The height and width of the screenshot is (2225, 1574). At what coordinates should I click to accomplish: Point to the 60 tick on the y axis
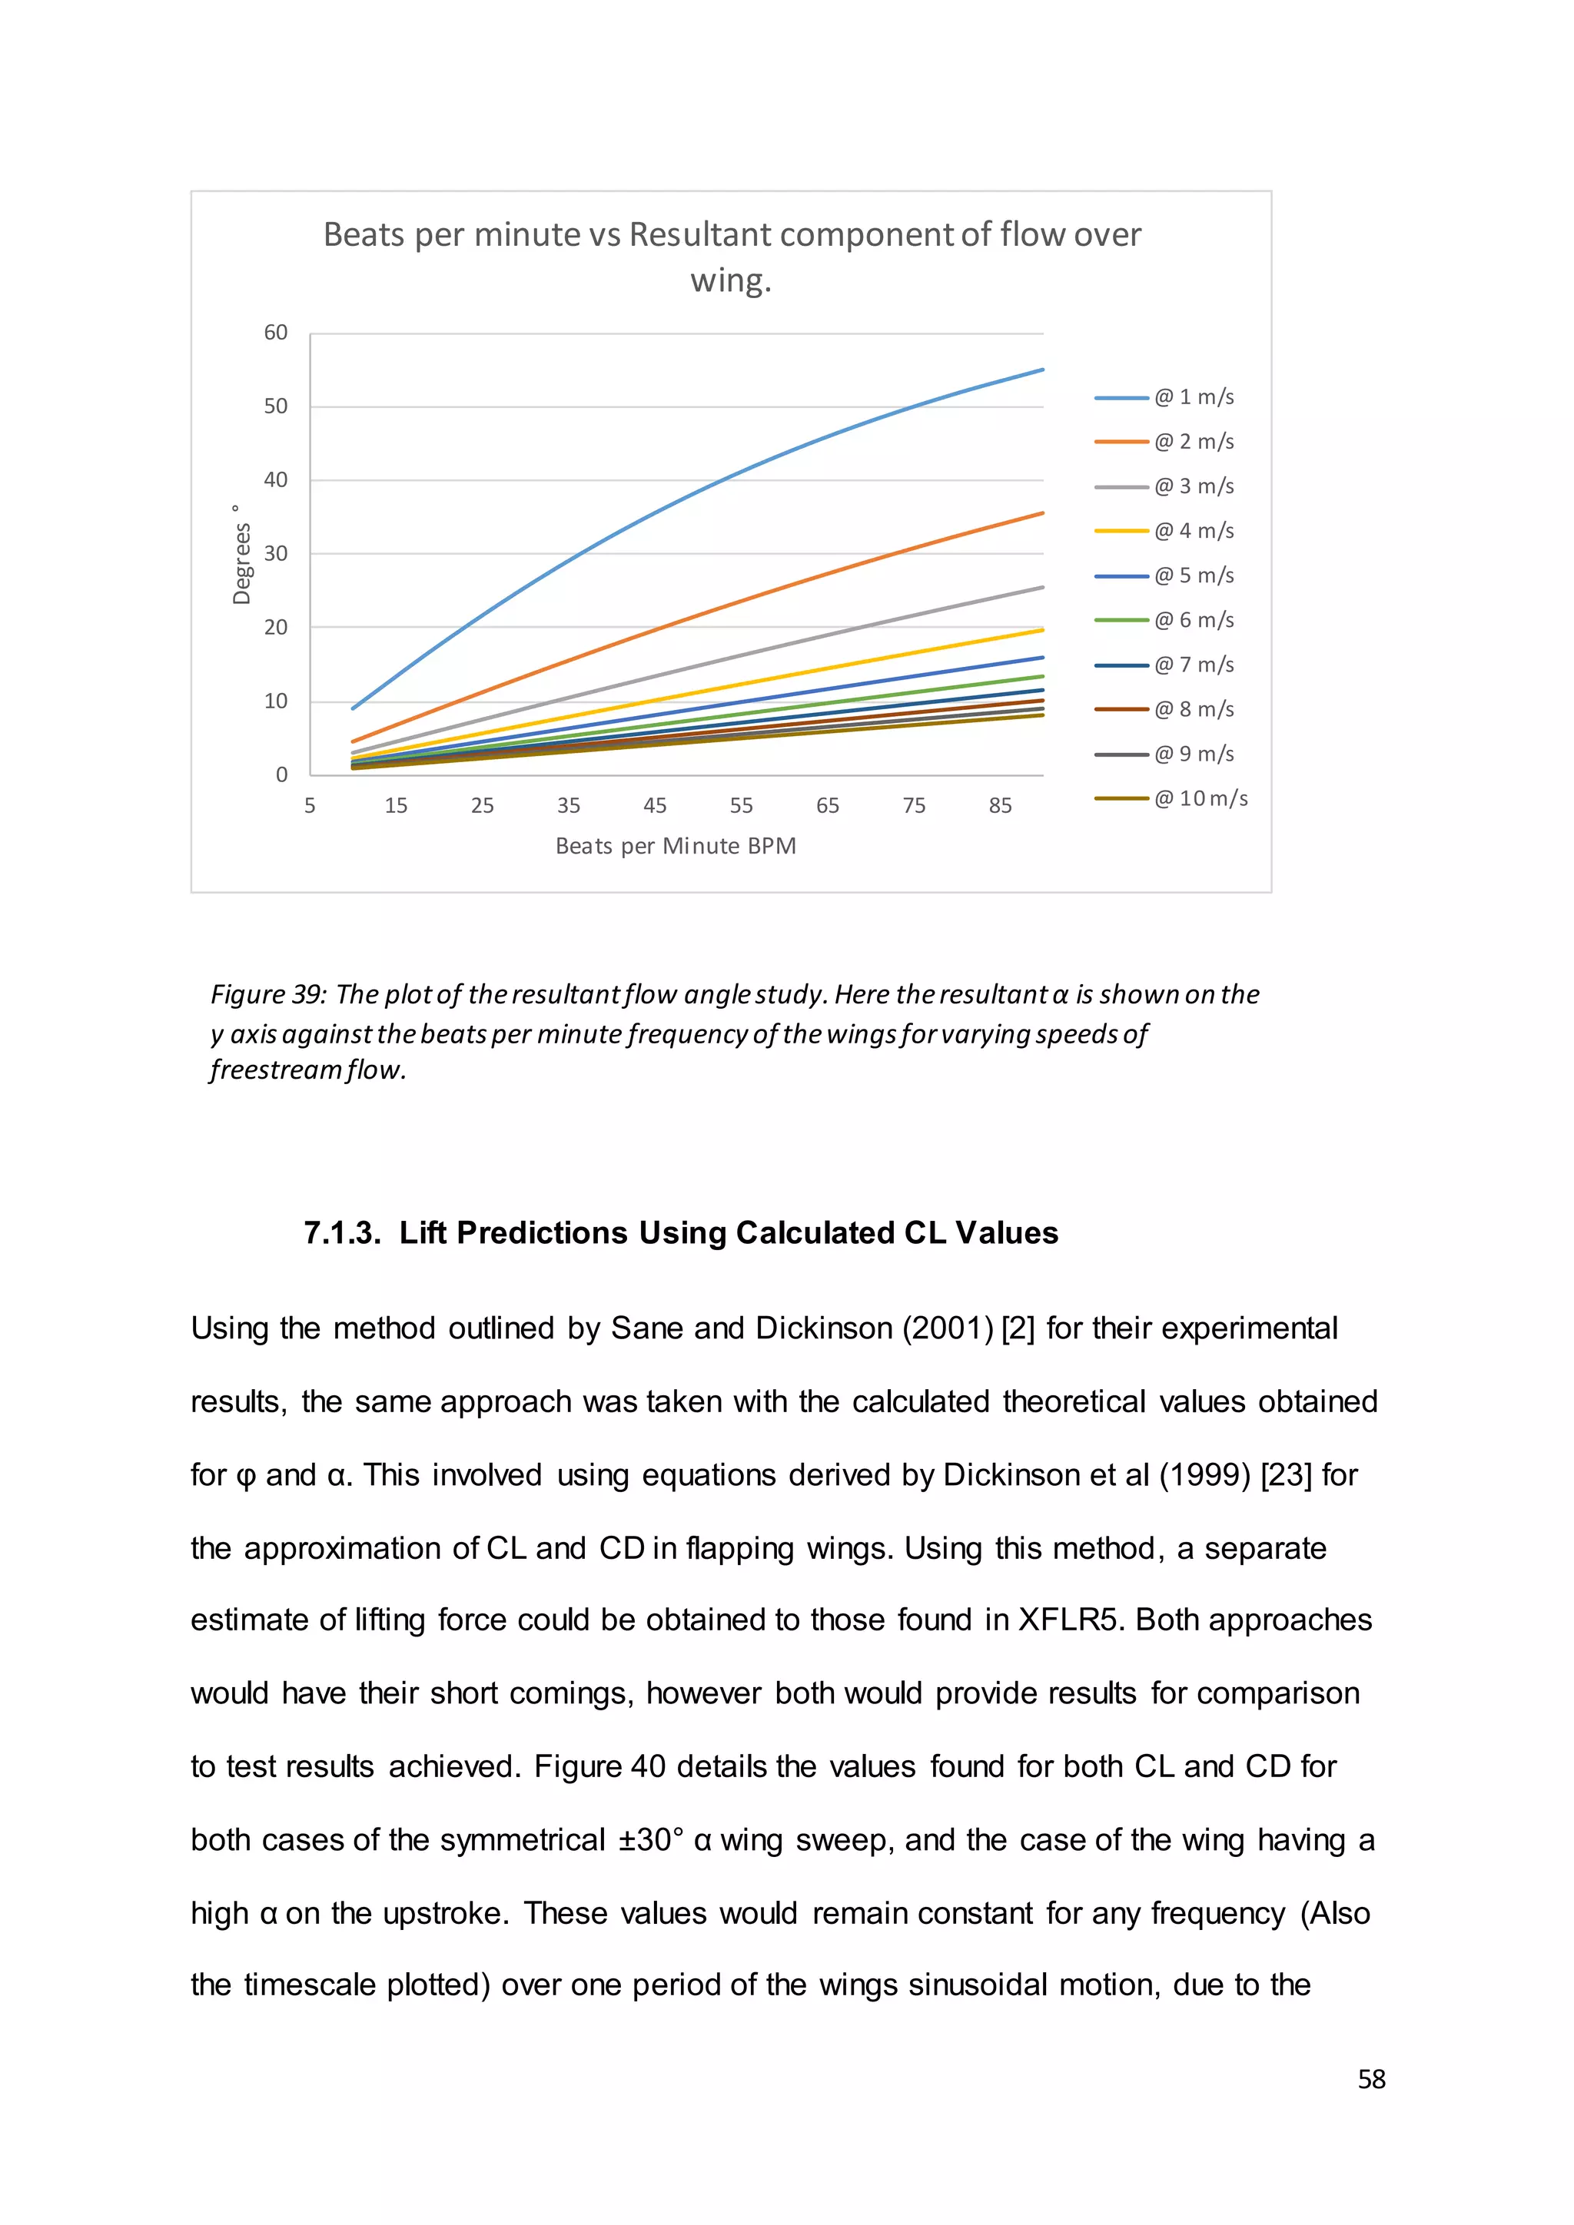tap(275, 333)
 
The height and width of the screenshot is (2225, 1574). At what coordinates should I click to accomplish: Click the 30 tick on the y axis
tap(275, 553)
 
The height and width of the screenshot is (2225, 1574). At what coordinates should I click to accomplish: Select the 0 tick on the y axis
tap(281, 774)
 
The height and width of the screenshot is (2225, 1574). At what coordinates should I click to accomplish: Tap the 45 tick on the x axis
tap(655, 805)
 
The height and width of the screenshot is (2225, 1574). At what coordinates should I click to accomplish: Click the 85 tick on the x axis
tap(1000, 805)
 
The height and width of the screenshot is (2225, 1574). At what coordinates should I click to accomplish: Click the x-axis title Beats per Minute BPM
tap(676, 846)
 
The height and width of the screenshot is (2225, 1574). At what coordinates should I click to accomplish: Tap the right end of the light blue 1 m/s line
tap(1042, 370)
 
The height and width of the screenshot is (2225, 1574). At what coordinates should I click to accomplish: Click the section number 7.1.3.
tap(342, 1232)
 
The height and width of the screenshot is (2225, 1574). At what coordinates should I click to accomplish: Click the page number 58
tap(1371, 2080)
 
